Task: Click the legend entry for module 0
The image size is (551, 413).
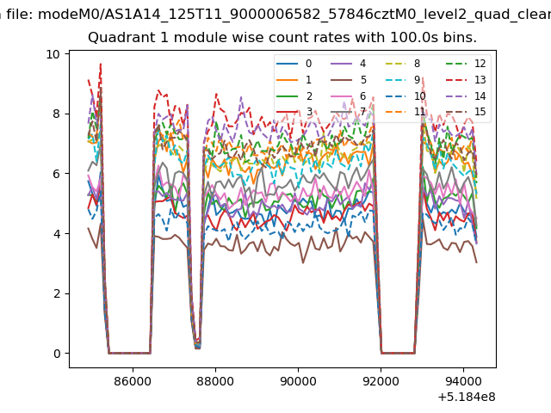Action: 294,64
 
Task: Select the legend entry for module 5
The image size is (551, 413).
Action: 349,80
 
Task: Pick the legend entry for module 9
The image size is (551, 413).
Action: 403,80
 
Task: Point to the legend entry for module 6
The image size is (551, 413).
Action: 349,96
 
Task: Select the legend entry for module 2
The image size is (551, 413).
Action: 294,96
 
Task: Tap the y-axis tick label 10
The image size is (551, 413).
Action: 53,54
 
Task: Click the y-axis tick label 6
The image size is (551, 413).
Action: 57,174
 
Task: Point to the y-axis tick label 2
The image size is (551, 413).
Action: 57,293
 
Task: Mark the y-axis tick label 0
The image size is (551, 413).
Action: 57,354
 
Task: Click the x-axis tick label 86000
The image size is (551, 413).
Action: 133,380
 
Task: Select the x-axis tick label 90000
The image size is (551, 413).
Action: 298,380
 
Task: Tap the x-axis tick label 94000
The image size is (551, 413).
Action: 463,380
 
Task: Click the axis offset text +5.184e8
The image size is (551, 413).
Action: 467,397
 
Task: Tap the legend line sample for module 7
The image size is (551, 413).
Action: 341,112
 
